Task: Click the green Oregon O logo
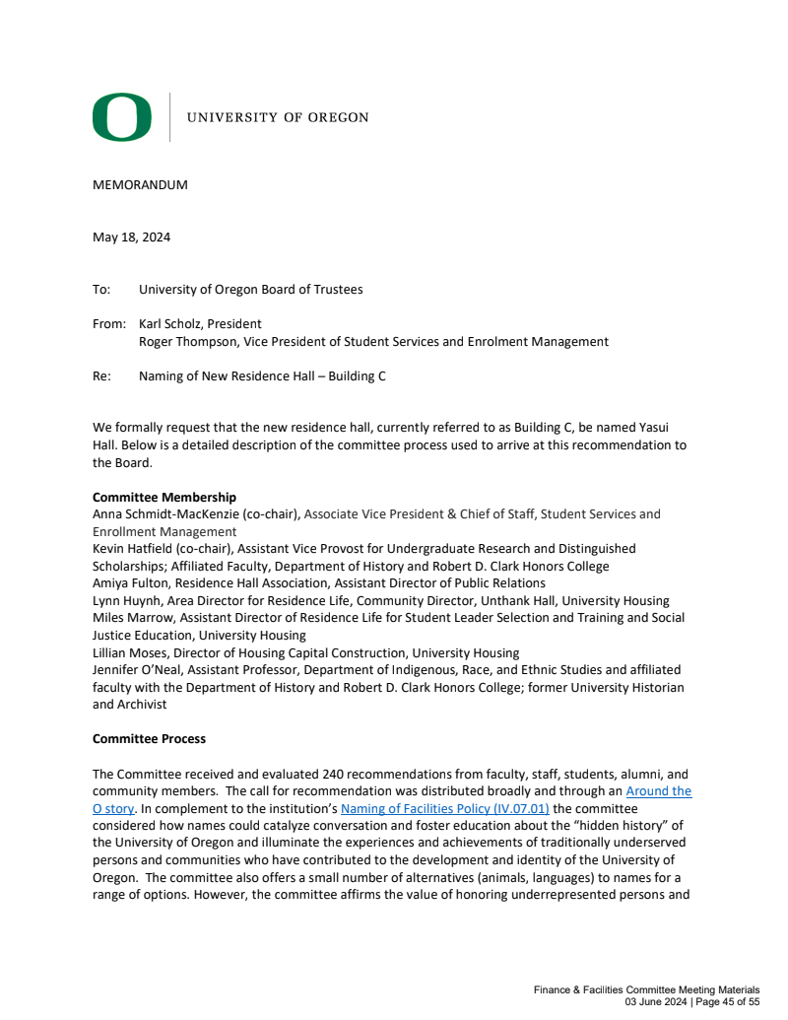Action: click(x=122, y=117)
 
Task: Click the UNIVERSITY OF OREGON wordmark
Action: click(x=278, y=117)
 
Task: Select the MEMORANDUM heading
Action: click(x=140, y=184)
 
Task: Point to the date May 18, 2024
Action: click(x=131, y=237)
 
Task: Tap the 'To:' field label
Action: click(x=101, y=290)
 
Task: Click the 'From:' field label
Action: click(x=109, y=323)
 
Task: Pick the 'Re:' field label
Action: click(x=101, y=375)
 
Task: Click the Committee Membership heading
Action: click(x=164, y=498)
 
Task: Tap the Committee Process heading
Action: click(x=150, y=738)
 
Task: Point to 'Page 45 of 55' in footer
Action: click(x=727, y=1002)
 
